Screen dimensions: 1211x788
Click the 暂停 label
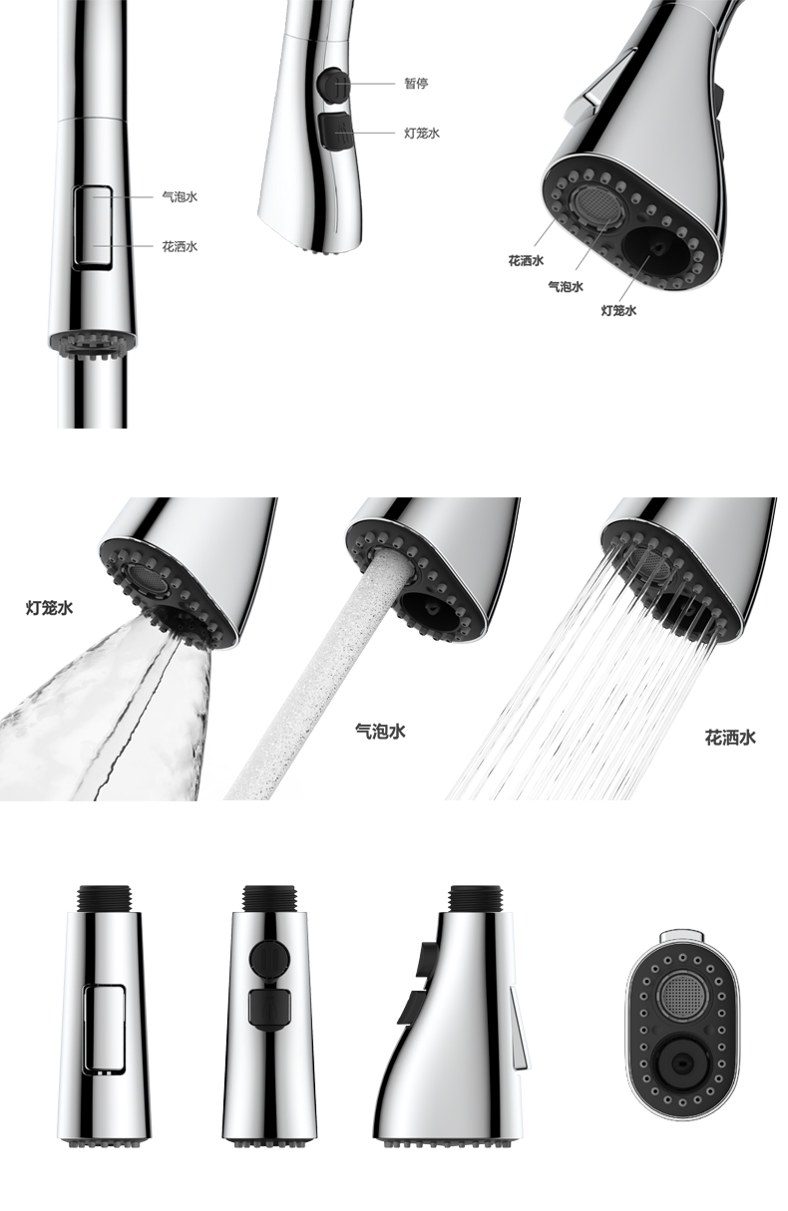(415, 84)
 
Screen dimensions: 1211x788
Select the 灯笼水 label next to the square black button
(421, 133)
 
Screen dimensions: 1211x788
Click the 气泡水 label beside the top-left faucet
(179, 196)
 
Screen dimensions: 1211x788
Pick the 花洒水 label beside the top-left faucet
(179, 246)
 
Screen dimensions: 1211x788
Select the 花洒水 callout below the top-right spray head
(526, 260)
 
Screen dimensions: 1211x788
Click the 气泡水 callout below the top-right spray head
(566, 286)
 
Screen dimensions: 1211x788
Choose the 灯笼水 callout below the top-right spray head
(618, 310)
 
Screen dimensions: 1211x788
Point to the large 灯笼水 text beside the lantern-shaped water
(49, 606)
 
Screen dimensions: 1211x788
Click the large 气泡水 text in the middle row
(380, 731)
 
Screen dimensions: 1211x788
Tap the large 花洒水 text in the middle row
(730, 738)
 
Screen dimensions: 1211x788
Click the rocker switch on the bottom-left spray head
(104, 1029)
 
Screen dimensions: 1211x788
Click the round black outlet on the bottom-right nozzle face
(682, 1062)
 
